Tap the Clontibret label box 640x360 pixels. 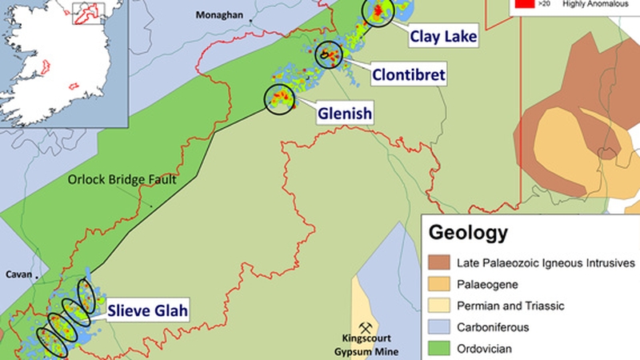click(x=407, y=75)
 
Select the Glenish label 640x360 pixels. click(x=345, y=114)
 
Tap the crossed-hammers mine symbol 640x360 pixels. click(x=367, y=328)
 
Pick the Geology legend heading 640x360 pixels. click(x=468, y=234)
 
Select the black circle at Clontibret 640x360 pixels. click(x=328, y=54)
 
